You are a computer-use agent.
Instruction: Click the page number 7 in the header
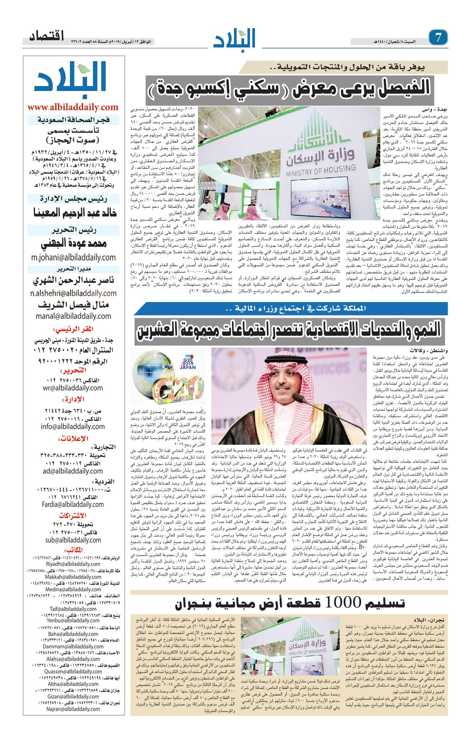pyautogui.click(x=439, y=38)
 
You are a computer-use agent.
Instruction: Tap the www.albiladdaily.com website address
pyautogui.click(x=73, y=107)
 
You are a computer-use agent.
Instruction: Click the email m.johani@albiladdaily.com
pyautogui.click(x=73, y=257)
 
